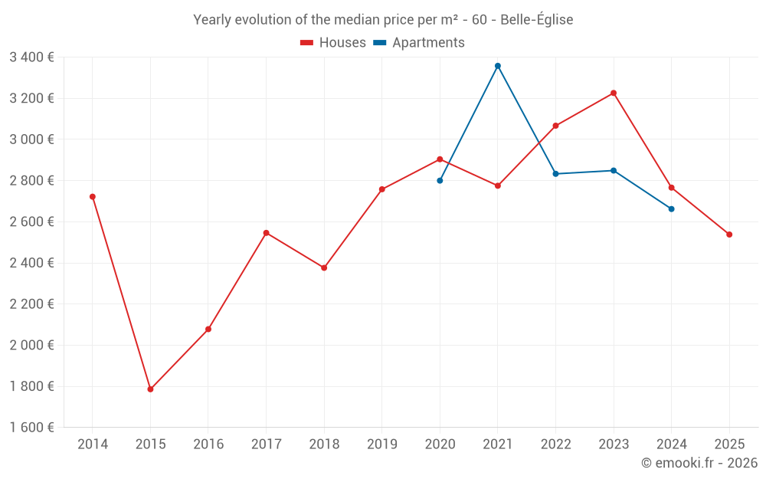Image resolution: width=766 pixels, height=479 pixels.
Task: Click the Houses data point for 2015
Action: (150, 389)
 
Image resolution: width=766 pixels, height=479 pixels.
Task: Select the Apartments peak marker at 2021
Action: (498, 66)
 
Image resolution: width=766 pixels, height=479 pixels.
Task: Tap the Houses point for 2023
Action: (614, 94)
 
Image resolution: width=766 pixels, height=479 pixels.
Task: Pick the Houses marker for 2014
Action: (93, 197)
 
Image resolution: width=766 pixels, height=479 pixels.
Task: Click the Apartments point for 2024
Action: (672, 209)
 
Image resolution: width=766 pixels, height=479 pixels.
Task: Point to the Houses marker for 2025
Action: (729, 235)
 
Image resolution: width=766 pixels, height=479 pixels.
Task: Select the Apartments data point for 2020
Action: (440, 181)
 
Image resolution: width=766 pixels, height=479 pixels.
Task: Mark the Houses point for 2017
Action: (267, 233)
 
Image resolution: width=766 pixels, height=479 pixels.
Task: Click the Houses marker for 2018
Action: (324, 268)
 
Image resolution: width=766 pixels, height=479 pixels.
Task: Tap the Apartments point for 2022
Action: (555, 174)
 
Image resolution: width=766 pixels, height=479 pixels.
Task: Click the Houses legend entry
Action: (333, 43)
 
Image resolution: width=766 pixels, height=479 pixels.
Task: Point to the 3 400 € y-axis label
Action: (31, 57)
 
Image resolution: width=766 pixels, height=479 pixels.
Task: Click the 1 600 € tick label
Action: (31, 428)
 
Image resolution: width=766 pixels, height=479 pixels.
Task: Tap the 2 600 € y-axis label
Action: (31, 221)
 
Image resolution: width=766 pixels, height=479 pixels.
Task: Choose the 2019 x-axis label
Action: (382, 445)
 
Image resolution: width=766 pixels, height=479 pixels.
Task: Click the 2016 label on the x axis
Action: (208, 445)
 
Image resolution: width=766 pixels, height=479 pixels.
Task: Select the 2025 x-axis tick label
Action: (729, 445)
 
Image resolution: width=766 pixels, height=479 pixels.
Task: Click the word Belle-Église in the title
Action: (536, 20)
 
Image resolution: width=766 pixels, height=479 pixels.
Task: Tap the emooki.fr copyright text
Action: (699, 463)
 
